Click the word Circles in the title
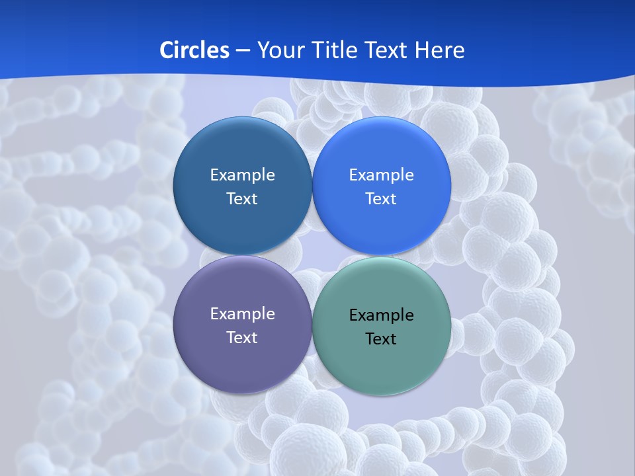click(x=194, y=50)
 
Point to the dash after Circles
click(x=243, y=51)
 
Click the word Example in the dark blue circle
click(x=242, y=175)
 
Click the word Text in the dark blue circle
click(x=242, y=199)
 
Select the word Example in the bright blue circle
click(x=381, y=175)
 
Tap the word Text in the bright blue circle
click(x=381, y=199)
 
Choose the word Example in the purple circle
click(x=242, y=314)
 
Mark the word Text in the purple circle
click(x=242, y=338)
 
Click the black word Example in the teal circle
click(x=381, y=315)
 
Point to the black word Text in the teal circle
click(x=381, y=339)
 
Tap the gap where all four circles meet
click(x=312, y=255)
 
